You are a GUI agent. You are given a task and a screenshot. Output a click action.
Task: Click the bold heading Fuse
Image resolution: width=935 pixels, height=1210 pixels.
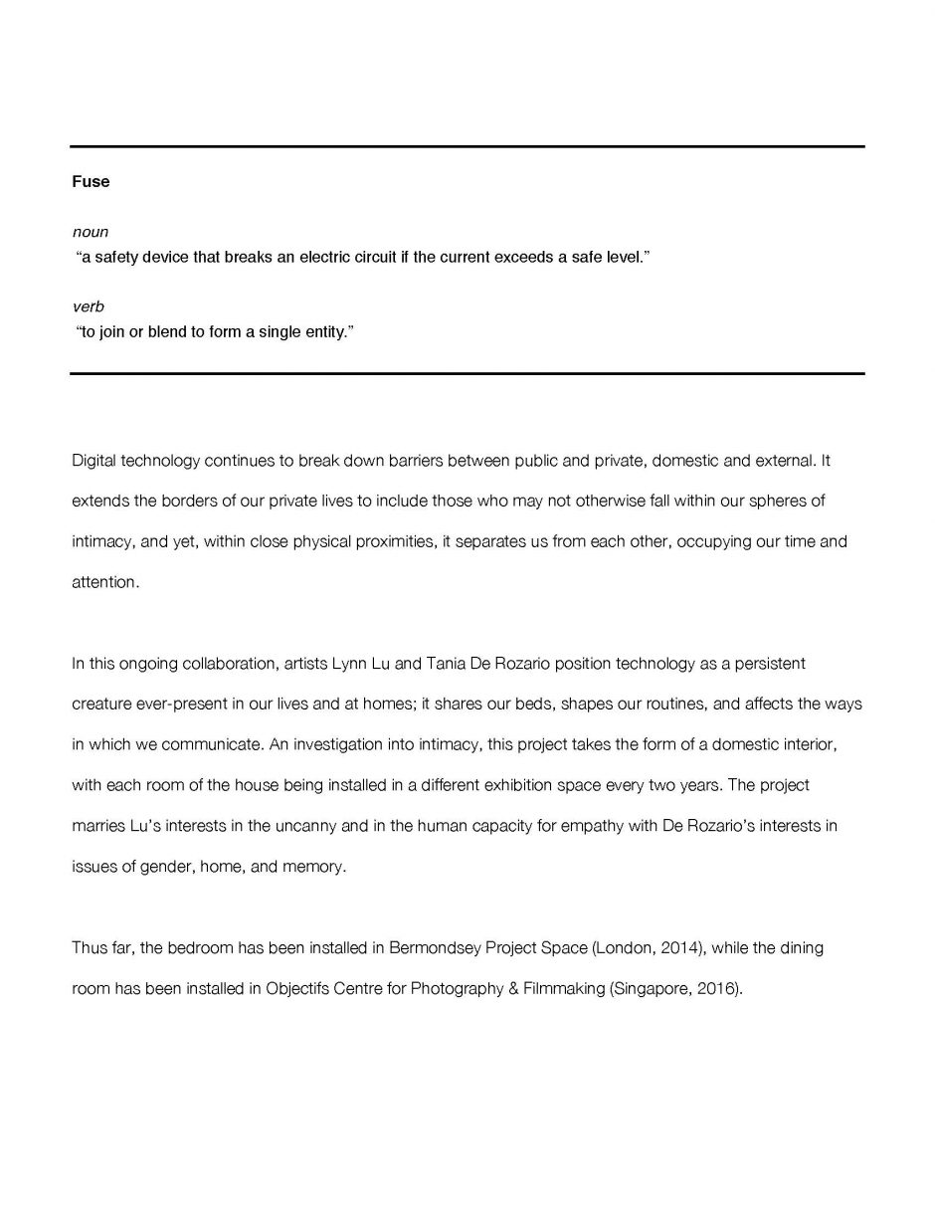point(91,181)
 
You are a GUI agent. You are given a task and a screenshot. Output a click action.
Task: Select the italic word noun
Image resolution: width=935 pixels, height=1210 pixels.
point(91,232)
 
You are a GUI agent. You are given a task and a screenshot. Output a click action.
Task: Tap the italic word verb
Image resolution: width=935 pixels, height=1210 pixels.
point(88,306)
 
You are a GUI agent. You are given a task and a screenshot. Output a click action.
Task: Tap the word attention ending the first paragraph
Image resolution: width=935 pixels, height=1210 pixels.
point(104,582)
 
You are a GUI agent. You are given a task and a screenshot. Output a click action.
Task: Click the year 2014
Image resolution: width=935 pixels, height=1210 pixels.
point(681,948)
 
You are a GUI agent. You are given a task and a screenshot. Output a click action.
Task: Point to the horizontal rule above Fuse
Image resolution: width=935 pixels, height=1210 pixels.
point(467,146)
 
